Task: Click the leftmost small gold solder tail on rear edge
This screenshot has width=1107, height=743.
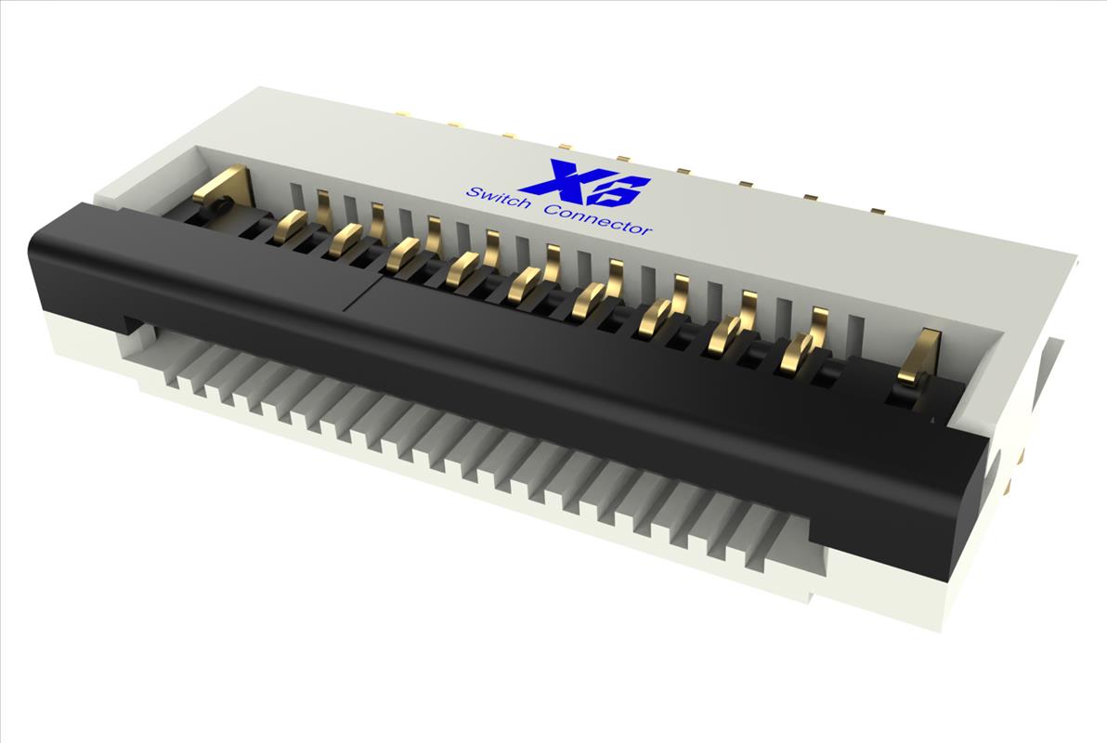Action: coord(402,115)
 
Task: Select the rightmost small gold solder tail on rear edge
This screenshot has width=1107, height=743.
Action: coord(878,211)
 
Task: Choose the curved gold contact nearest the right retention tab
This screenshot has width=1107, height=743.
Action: coord(799,352)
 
